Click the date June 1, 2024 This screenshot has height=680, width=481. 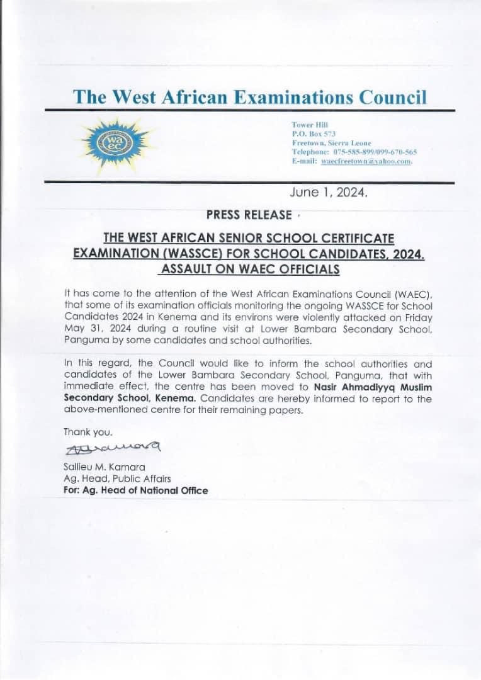pyautogui.click(x=327, y=193)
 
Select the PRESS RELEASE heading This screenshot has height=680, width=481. pyautogui.click(x=249, y=215)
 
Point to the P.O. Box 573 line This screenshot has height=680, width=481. pyautogui.click(x=314, y=134)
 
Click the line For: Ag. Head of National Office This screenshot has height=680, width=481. pyautogui.click(x=135, y=490)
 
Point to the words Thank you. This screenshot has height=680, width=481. pyautogui.click(x=88, y=432)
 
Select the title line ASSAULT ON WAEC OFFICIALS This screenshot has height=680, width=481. pyautogui.click(x=250, y=269)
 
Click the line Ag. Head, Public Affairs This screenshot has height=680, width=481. pyautogui.click(x=113, y=479)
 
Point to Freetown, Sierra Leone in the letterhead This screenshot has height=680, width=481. pyautogui.click(x=331, y=144)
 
